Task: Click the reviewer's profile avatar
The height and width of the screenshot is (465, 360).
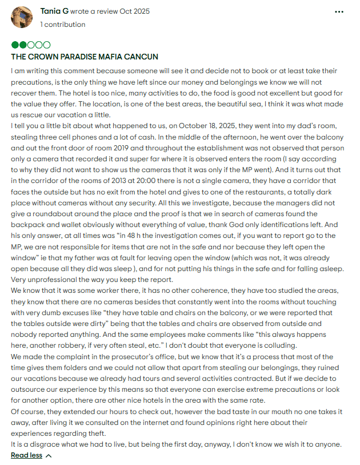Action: [22, 17]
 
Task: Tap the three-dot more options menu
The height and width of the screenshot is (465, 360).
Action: [339, 11]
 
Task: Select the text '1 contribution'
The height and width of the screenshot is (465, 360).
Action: [63, 25]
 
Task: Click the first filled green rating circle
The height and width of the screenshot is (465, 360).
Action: [14, 45]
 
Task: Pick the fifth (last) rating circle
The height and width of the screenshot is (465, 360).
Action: [47, 45]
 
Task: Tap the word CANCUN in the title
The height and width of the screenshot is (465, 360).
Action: [142, 57]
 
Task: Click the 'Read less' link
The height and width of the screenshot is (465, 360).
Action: [26, 455]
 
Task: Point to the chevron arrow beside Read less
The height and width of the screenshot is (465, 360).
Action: [48, 455]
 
